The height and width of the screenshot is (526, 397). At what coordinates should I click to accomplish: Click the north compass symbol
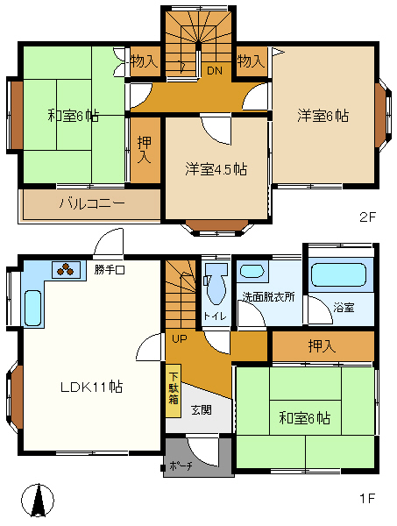pos(38,501)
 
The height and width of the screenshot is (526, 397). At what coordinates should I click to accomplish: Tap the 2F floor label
pos(368,217)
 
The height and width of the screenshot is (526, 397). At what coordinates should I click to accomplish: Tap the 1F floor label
pos(367,498)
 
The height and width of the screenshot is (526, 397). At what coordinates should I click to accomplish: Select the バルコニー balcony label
pos(92,203)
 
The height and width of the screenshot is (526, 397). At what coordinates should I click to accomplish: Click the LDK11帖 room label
pos(91,387)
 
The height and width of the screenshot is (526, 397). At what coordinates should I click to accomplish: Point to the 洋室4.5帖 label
pos(216,169)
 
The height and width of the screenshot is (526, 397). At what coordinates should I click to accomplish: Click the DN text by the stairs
pos(214,70)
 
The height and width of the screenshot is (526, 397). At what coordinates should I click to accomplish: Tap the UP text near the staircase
pos(180,338)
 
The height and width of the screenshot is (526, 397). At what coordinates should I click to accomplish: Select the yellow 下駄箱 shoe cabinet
pos(174,390)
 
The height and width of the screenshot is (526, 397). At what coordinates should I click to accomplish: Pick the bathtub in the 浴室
pos(338,274)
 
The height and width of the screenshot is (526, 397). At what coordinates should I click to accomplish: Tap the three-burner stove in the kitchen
pos(66,269)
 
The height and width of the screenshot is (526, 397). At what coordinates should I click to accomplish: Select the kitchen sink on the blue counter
pos(32,308)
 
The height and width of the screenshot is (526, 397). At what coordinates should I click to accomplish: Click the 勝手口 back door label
pos(110,269)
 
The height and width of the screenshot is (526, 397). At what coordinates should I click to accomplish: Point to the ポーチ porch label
pos(181,466)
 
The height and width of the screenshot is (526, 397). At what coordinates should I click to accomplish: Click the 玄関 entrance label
pos(202,410)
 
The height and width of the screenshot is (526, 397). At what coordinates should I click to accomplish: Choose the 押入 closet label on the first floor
pos(322,346)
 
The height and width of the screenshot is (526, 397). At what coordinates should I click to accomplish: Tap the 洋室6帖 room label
pos(323,116)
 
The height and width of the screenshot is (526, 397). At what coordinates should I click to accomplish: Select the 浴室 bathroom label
pos(344,308)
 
